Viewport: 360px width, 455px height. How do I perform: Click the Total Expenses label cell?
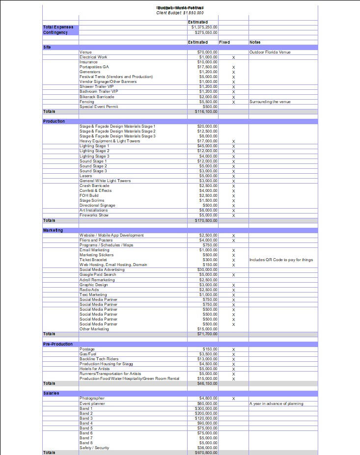click(x=58, y=27)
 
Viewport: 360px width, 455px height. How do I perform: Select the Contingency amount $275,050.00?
click(x=206, y=32)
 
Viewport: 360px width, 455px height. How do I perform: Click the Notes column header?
click(x=255, y=42)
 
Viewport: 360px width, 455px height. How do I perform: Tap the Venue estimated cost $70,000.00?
click(x=207, y=52)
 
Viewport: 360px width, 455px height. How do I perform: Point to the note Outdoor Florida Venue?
click(x=270, y=52)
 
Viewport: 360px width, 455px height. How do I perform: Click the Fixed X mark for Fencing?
click(x=233, y=102)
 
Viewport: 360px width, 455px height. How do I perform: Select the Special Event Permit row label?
click(x=99, y=107)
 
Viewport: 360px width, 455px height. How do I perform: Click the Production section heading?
click(x=54, y=121)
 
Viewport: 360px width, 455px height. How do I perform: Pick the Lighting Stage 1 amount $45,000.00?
click(x=207, y=146)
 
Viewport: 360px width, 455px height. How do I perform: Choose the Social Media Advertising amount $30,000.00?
click(x=207, y=269)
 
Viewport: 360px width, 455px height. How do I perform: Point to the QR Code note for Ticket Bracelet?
click(x=281, y=260)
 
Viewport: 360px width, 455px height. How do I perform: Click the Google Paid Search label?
click(x=98, y=274)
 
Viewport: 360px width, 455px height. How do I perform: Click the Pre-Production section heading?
click(x=58, y=344)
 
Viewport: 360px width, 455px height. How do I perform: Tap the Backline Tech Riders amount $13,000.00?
click(x=207, y=359)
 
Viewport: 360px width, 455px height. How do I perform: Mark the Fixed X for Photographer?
click(x=233, y=399)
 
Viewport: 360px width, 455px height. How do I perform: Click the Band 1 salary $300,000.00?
click(x=206, y=408)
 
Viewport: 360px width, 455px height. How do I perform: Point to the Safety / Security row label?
click(x=94, y=448)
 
